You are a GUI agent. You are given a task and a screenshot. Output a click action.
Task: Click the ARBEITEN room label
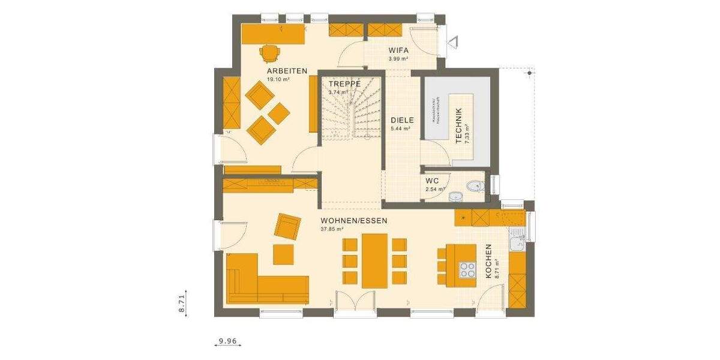(287, 71)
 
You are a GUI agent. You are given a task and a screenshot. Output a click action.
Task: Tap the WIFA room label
(398, 51)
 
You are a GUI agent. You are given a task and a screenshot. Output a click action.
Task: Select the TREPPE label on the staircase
(344, 84)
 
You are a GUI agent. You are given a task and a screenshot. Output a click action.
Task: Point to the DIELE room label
(402, 120)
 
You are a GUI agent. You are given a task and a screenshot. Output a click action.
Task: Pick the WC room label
(433, 180)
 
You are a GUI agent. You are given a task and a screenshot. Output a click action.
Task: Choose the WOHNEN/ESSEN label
(354, 220)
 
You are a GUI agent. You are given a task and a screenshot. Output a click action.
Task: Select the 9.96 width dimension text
(228, 342)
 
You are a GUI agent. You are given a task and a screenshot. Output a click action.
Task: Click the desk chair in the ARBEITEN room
(271, 54)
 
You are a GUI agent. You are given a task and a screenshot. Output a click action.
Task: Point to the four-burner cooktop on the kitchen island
(466, 269)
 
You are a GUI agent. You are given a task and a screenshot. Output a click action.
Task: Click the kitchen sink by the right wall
(515, 244)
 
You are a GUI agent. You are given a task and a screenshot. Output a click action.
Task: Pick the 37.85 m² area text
(332, 229)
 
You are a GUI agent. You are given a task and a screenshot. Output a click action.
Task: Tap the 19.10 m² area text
(279, 79)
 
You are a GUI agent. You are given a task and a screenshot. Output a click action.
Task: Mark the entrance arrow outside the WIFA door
(454, 42)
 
